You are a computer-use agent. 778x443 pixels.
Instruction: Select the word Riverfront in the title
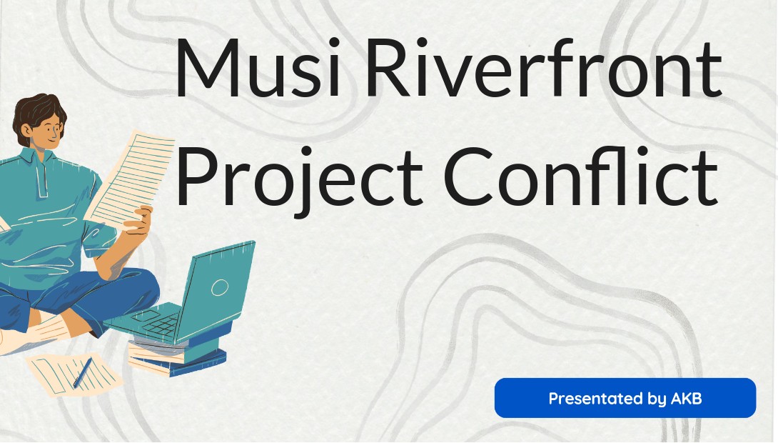click(545, 67)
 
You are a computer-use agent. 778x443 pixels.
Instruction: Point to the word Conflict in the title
click(581, 176)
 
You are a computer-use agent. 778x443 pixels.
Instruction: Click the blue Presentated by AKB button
click(625, 398)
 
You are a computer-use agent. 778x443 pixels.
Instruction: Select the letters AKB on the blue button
click(686, 398)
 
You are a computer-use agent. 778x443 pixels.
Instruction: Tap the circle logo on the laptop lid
click(219, 287)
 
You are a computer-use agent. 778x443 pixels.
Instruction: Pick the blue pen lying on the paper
click(82, 372)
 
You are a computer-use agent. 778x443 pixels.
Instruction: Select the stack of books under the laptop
click(177, 349)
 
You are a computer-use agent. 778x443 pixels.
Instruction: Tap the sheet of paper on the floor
click(74, 373)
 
